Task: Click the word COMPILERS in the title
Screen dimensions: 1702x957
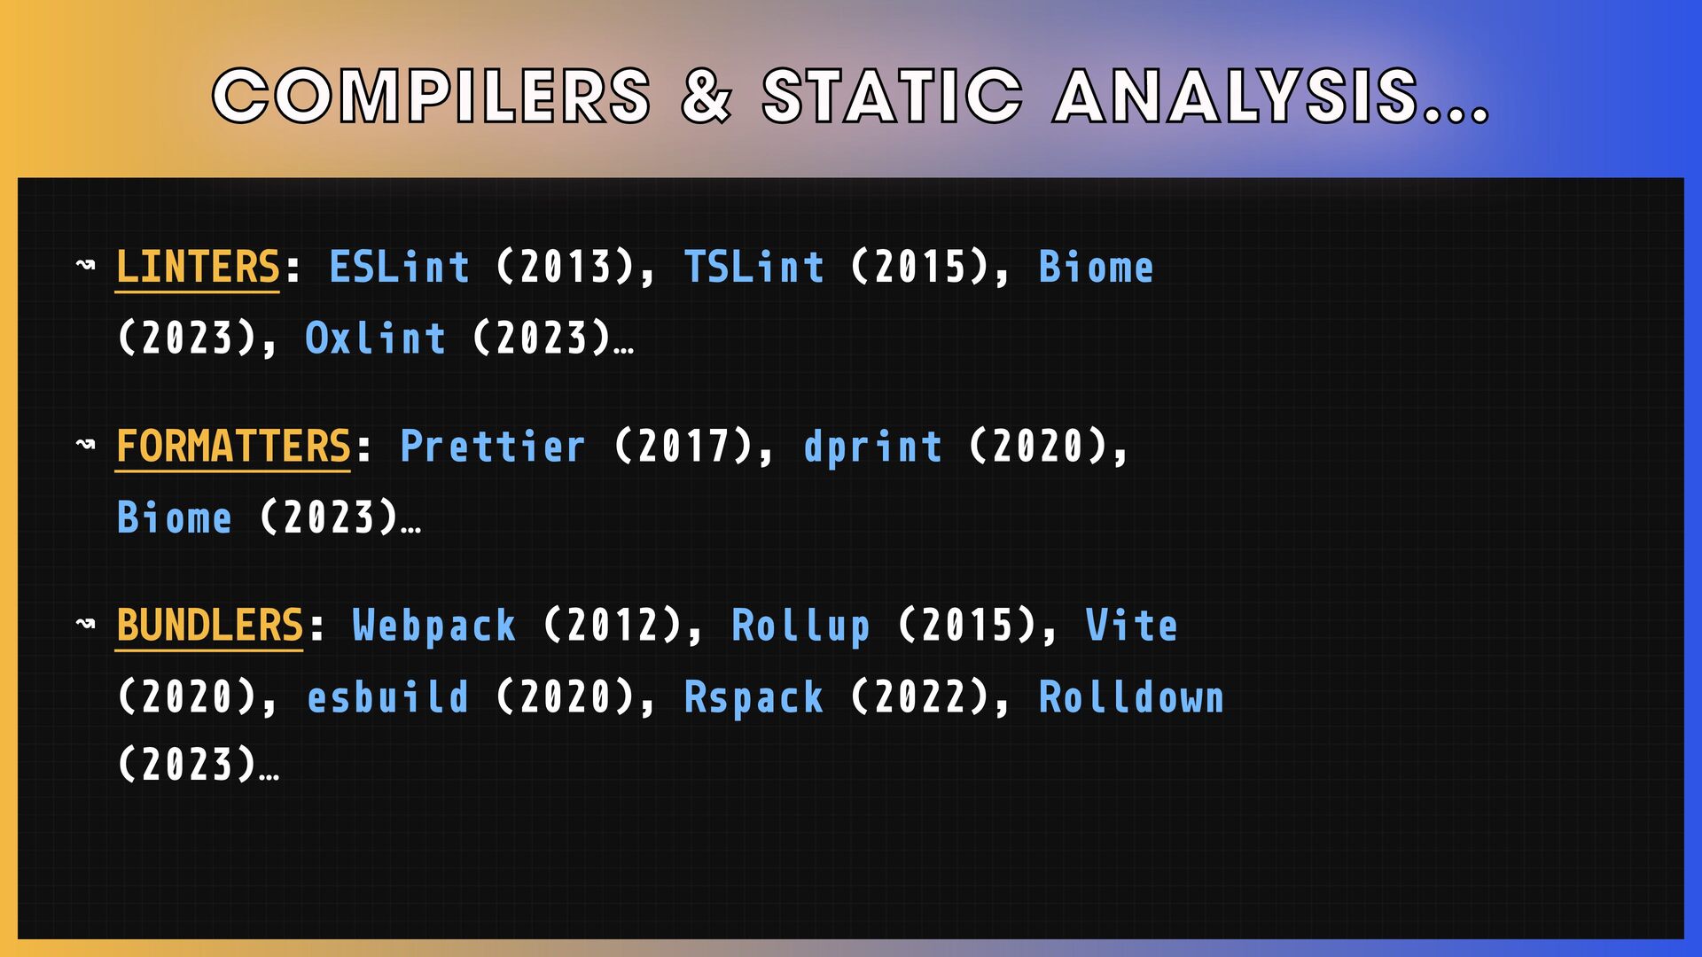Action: [432, 96]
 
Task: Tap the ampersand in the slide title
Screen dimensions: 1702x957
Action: [707, 96]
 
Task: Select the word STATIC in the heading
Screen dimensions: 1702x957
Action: [893, 96]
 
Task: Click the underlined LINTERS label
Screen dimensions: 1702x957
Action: [198, 268]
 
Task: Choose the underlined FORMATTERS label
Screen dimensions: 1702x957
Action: [233, 446]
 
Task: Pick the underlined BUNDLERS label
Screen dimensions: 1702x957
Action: [210, 626]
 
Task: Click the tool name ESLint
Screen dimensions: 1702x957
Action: [399, 267]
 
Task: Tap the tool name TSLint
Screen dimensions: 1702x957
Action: [753, 267]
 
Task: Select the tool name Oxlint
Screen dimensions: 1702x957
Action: [375, 338]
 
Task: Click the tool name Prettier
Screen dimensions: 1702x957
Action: [492, 446]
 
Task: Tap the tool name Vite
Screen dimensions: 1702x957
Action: [1131, 625]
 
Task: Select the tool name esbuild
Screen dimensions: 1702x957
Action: [387, 696]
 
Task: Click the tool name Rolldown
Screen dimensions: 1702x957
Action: [1131, 696]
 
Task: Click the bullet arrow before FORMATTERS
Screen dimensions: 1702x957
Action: [86, 443]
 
